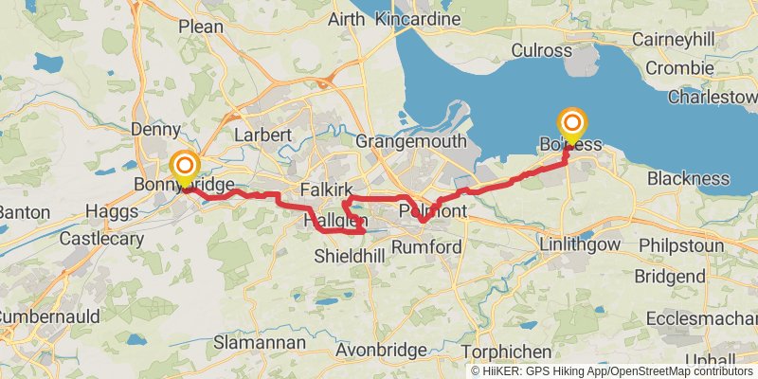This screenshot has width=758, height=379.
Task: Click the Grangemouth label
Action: click(x=411, y=141)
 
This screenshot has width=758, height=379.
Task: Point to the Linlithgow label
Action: click(x=579, y=244)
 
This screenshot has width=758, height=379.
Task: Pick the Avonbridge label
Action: click(x=381, y=351)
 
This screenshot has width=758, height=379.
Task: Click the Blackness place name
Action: click(x=688, y=178)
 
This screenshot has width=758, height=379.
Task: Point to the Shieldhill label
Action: click(x=350, y=256)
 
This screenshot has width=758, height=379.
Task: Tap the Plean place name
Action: click(x=201, y=27)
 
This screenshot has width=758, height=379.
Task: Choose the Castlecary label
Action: click(x=101, y=239)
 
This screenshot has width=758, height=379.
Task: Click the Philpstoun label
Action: click(x=691, y=244)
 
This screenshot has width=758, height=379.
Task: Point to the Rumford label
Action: click(x=427, y=247)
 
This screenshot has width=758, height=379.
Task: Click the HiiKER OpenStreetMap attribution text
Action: click(x=612, y=370)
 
